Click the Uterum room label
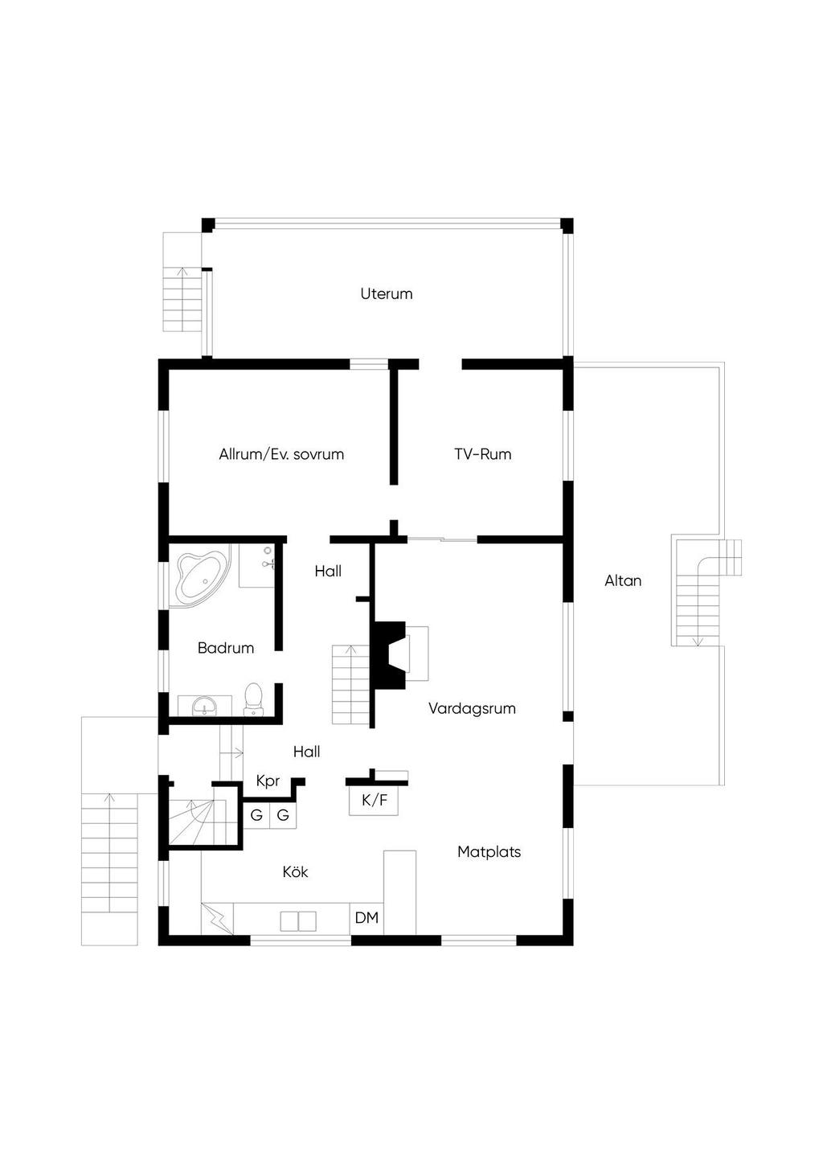(386, 293)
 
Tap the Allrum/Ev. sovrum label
(281, 454)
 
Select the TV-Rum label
(483, 454)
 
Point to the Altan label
(623, 580)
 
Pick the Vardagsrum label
(472, 708)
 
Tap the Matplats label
(489, 851)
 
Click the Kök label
(295, 871)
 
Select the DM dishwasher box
(366, 918)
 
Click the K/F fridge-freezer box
(374, 801)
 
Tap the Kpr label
(268, 781)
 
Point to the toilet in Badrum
(253, 699)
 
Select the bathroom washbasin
(204, 706)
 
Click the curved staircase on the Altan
(706, 592)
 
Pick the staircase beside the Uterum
(182, 299)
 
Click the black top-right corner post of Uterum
(567, 225)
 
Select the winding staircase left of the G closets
(198, 822)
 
